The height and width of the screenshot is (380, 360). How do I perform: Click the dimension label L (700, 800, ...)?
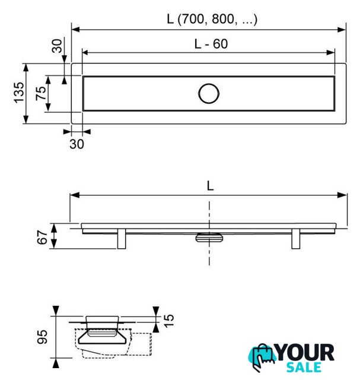[x=212, y=19]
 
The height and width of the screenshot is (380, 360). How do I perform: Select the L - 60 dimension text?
[x=211, y=44]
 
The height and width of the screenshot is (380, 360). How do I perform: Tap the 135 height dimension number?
[x=19, y=93]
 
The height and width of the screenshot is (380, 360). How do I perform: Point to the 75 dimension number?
[x=41, y=93]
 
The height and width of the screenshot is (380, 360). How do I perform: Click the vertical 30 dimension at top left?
[x=57, y=46]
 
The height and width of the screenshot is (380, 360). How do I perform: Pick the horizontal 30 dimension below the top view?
[x=77, y=144]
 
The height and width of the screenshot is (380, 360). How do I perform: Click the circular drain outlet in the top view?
[x=209, y=94]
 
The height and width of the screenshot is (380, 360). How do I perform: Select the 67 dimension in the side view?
[x=42, y=237]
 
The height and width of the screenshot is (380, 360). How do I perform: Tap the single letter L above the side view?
[x=210, y=186]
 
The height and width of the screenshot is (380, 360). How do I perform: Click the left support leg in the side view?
[x=122, y=238]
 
